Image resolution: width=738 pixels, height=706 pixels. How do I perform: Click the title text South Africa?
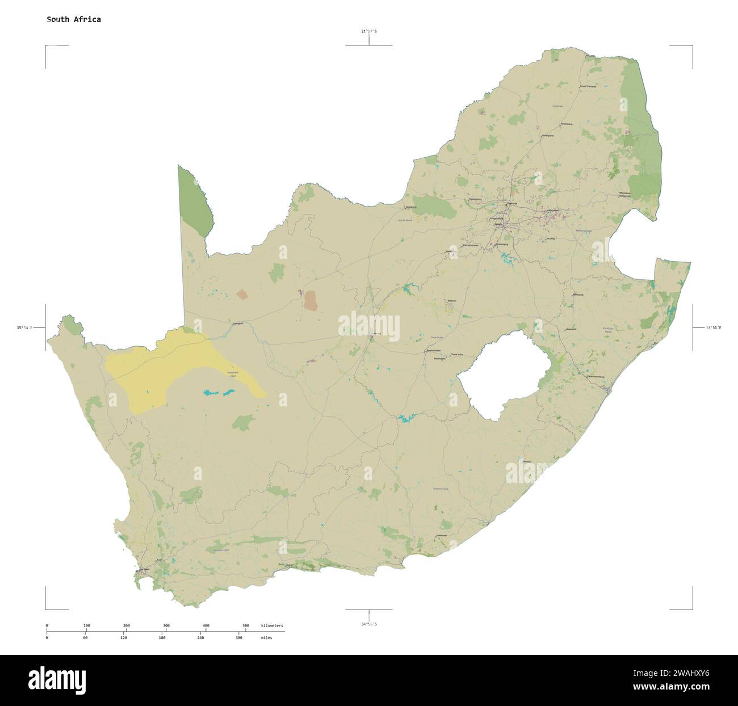74,19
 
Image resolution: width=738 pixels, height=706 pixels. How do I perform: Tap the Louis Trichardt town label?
588,86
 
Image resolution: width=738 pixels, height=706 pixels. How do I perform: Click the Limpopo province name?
558,106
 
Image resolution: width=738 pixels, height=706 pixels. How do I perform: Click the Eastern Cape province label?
441,489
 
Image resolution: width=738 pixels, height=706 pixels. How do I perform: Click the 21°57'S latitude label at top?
368,31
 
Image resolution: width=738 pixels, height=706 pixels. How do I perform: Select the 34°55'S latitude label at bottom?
368,624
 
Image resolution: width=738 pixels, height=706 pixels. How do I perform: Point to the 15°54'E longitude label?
24,327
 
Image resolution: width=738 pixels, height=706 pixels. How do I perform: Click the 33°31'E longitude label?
714,327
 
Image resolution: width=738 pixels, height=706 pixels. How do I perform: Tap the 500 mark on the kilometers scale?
246,625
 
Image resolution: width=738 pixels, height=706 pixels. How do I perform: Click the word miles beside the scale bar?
266,638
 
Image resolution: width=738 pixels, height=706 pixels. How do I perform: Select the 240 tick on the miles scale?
200,638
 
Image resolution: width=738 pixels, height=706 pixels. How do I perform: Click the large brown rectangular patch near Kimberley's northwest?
310,300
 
